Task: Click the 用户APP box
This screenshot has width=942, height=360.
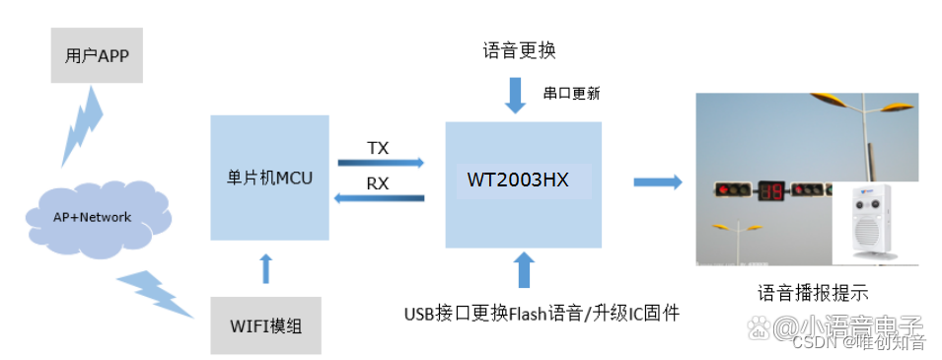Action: click(x=97, y=55)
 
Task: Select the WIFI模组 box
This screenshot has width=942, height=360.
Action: click(x=266, y=324)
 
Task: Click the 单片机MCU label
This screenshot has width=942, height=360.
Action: click(x=268, y=179)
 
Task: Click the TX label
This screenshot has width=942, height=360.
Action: click(x=378, y=148)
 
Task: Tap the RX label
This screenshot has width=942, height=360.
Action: click(x=378, y=182)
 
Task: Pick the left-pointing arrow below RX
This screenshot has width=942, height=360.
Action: click(x=381, y=198)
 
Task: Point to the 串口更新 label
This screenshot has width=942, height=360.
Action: click(x=571, y=94)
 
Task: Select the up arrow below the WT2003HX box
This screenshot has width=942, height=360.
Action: click(x=522, y=269)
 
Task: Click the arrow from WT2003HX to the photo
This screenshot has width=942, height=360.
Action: click(x=657, y=181)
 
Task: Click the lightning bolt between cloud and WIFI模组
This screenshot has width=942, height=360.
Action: click(x=158, y=293)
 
